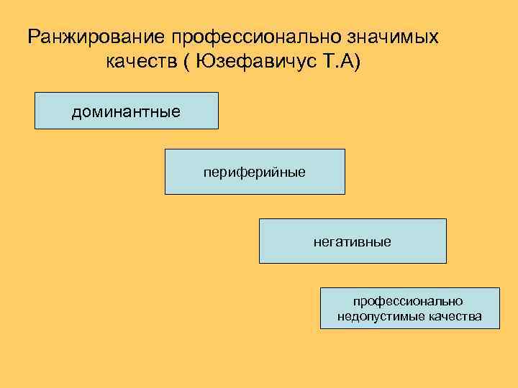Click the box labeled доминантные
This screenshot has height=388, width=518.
pos(126,110)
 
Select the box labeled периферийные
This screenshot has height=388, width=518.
pos(255,172)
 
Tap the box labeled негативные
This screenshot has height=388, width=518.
pos(353,241)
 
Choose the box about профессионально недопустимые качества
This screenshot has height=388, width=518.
pos(409,308)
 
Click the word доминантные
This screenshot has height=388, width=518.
pos(126,111)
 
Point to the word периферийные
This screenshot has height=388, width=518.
pos(255,172)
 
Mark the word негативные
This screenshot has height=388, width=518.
pos(353,242)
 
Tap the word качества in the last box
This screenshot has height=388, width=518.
pos(455,317)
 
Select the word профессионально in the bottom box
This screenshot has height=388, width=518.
pos(408,301)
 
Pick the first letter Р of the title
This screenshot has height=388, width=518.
pos(33,37)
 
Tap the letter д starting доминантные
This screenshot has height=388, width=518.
pos(76,112)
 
